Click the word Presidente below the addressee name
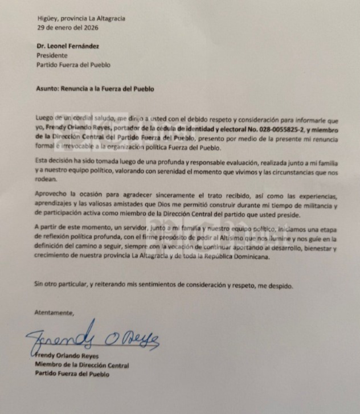(x=52, y=56)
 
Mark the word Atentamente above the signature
(x=54, y=313)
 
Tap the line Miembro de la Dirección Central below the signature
(x=81, y=365)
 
